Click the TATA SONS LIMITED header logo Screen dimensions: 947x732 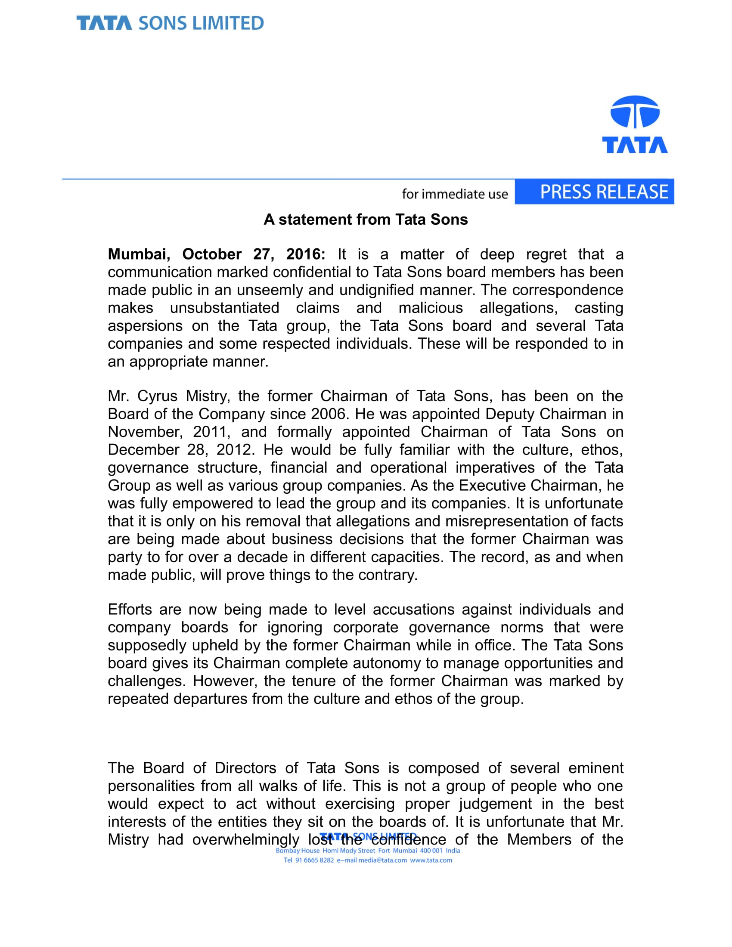(170, 23)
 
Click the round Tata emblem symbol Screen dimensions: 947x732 (635, 112)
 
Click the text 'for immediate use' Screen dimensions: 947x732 (454, 194)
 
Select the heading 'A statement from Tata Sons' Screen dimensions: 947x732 (366, 220)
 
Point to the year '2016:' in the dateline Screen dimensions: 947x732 (305, 254)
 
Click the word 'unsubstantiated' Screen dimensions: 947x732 (224, 308)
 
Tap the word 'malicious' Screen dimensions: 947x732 (430, 308)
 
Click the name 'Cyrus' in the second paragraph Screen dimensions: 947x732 (157, 396)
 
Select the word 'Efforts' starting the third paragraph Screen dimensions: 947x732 (130, 610)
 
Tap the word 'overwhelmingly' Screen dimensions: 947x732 (245, 839)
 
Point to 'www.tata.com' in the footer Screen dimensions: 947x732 (431, 860)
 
